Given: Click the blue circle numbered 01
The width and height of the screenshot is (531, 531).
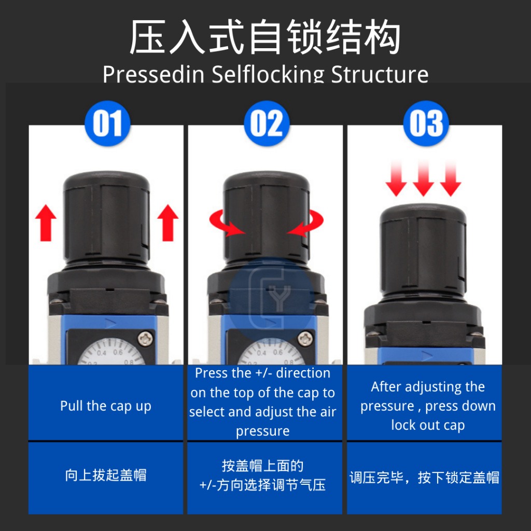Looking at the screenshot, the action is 107,123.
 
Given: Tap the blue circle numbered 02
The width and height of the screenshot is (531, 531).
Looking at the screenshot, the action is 267,123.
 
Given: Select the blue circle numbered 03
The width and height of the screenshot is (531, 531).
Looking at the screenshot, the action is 426,123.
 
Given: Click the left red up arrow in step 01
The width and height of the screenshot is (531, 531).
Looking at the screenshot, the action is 46,223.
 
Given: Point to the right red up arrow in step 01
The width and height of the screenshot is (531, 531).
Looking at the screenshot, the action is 167,223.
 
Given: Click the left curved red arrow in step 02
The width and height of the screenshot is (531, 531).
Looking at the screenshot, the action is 223,224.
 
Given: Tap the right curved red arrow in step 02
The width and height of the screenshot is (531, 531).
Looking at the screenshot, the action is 308,224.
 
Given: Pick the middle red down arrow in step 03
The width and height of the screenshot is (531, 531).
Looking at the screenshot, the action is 423,179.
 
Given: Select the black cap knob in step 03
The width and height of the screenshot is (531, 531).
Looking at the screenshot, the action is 423,250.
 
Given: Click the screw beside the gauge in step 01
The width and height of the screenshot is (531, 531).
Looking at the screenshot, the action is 146,338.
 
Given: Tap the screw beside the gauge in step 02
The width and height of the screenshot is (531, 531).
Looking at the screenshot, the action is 305,338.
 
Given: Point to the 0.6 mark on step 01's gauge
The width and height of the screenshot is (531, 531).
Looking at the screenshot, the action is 118,352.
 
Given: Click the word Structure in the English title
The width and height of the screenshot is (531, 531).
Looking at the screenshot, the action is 380,74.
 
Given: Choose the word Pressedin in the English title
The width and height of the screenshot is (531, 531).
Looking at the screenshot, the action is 153,74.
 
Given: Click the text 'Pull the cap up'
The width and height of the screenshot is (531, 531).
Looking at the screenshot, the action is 106,406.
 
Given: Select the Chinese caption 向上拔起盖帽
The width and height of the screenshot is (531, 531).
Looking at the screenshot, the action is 106,475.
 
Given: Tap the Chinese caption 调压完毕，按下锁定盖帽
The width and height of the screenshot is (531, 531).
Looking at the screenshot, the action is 424,478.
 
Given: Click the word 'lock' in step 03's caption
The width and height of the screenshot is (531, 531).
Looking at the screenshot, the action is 403,425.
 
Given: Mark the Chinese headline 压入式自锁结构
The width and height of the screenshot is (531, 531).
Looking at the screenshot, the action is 265,37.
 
